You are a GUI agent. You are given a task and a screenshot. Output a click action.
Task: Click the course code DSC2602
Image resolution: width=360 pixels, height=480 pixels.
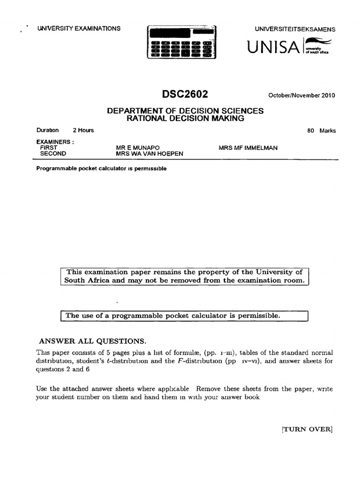click(185, 94)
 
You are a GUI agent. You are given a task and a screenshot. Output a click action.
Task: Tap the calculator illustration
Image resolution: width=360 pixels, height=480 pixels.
click(180, 42)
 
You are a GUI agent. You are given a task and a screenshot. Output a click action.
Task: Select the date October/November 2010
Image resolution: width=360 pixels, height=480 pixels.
click(301, 96)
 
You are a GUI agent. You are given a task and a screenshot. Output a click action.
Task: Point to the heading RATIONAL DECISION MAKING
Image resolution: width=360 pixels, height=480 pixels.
click(186, 119)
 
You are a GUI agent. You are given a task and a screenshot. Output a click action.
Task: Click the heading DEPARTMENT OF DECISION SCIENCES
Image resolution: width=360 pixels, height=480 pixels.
click(186, 111)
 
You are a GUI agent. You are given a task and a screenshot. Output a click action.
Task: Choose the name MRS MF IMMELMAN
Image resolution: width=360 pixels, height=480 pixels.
click(248, 148)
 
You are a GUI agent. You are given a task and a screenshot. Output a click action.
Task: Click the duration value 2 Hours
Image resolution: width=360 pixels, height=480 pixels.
click(83, 130)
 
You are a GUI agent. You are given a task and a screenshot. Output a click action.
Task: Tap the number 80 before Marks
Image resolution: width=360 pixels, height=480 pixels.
click(311, 131)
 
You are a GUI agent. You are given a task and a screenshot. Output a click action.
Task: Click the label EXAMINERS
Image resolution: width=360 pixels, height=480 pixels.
click(55, 142)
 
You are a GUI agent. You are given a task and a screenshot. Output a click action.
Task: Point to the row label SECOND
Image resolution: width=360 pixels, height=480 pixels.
click(53, 154)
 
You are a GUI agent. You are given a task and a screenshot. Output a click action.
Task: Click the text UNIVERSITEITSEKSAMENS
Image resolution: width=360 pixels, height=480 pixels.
click(295, 29)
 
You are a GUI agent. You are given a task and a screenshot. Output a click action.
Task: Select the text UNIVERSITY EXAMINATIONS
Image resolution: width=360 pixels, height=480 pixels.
click(79, 28)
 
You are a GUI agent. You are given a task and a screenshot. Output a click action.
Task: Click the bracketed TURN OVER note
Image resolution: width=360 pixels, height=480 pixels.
click(307, 429)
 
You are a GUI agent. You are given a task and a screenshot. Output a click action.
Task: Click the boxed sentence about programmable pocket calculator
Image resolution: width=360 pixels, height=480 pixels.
click(173, 316)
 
